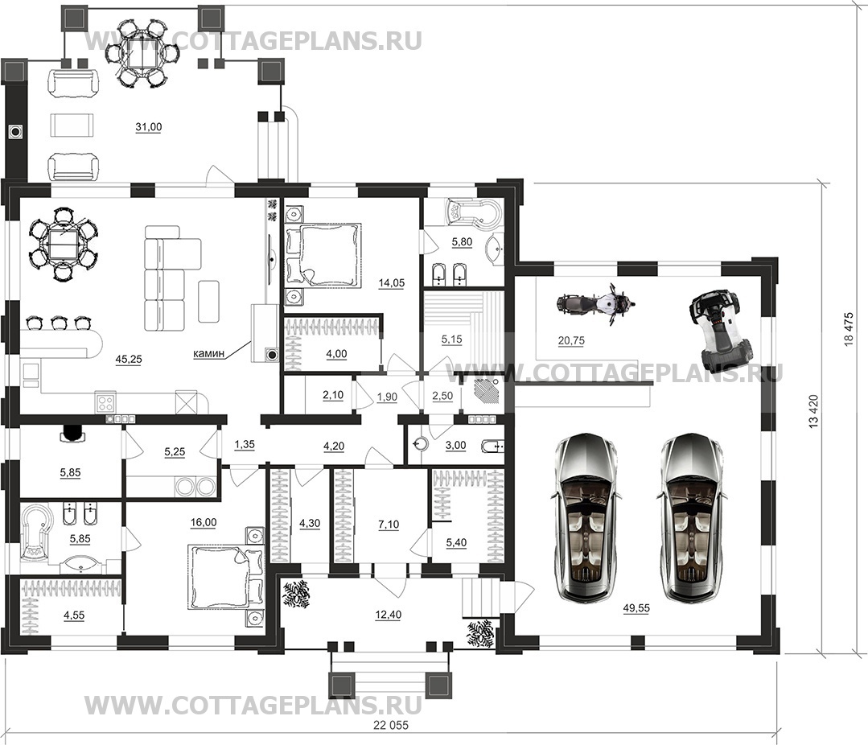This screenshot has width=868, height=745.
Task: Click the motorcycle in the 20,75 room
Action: (x=595, y=303)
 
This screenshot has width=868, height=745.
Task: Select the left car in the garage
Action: (x=584, y=517)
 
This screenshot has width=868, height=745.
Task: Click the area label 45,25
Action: (x=129, y=359)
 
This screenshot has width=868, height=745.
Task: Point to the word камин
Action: (x=209, y=354)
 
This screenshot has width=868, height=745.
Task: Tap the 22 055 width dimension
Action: (x=391, y=725)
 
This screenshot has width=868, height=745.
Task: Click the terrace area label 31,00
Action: (x=149, y=127)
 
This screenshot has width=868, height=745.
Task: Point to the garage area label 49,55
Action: (x=636, y=607)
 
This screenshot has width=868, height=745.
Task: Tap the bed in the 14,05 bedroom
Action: (x=323, y=255)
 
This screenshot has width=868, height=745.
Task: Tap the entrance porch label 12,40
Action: (x=388, y=615)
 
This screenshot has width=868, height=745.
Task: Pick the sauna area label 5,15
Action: (x=452, y=339)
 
